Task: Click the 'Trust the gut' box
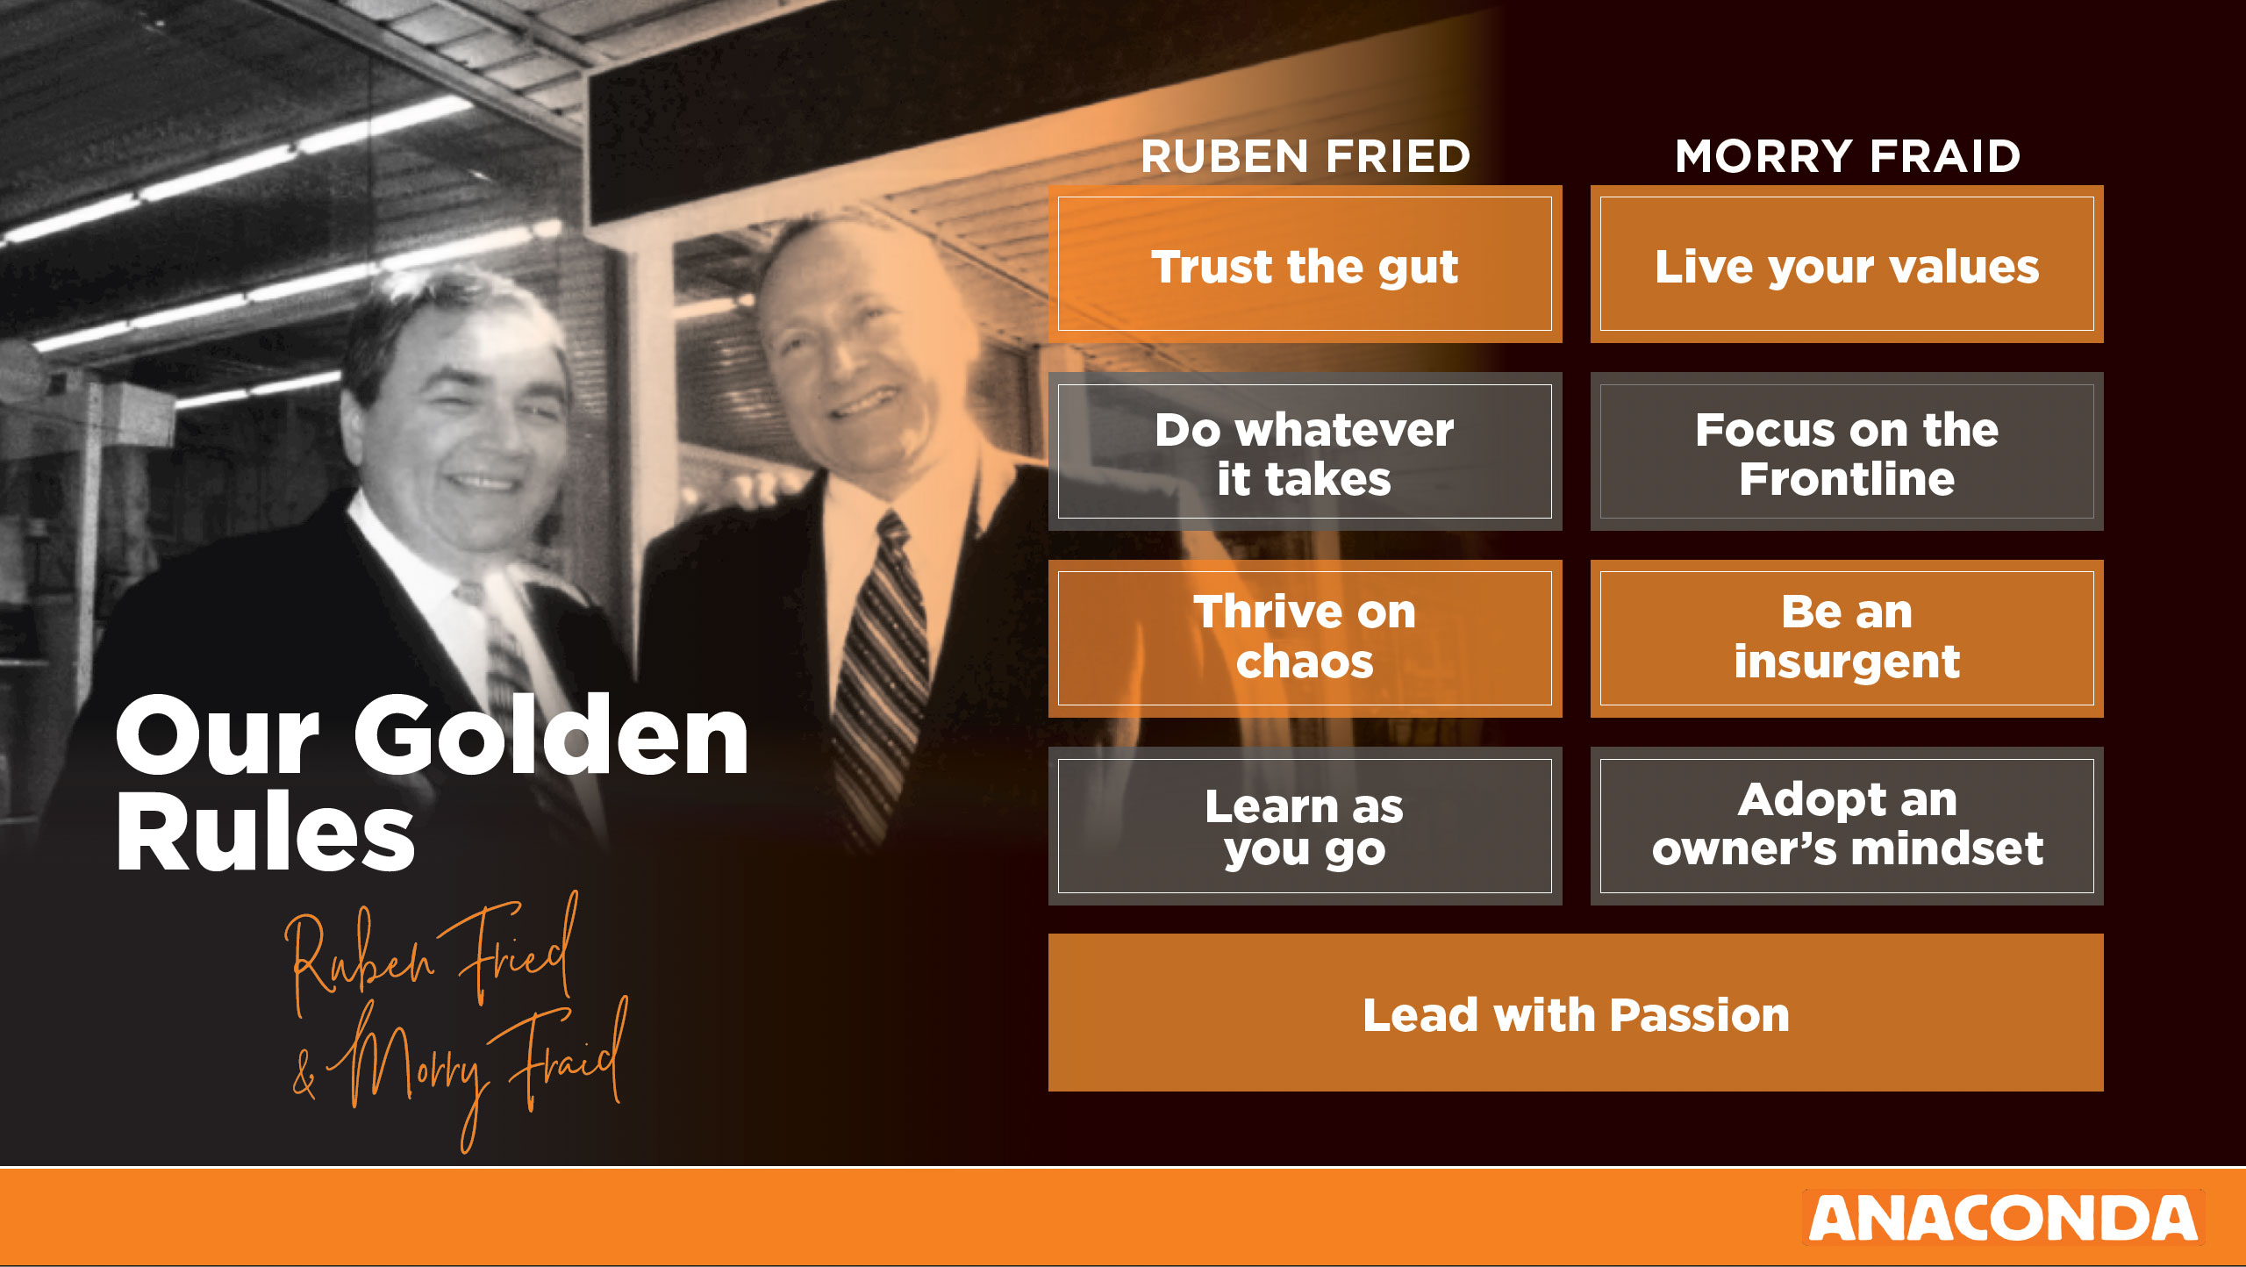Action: pyautogui.click(x=1305, y=264)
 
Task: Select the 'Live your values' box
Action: pyautogui.click(x=1847, y=264)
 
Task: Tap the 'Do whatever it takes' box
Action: pyautogui.click(x=1305, y=452)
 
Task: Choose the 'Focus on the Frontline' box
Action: pyautogui.click(x=1847, y=452)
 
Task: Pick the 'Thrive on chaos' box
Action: pyautogui.click(x=1305, y=639)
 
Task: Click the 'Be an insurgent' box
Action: pyautogui.click(x=1847, y=639)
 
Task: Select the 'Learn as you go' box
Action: pyautogui.click(x=1305, y=827)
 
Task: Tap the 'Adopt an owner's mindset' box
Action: pyautogui.click(x=1847, y=827)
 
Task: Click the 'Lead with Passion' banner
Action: pyautogui.click(x=1576, y=1013)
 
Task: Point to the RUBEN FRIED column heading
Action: pyautogui.click(x=1305, y=156)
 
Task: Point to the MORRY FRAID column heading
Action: pyautogui.click(x=1848, y=156)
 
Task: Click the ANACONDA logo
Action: pyautogui.click(x=2003, y=1218)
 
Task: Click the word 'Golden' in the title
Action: pyautogui.click(x=551, y=735)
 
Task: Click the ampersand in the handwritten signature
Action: pyautogui.click(x=304, y=1075)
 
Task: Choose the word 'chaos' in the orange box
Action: pyautogui.click(x=1305, y=662)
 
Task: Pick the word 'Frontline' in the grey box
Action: pyautogui.click(x=1847, y=479)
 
